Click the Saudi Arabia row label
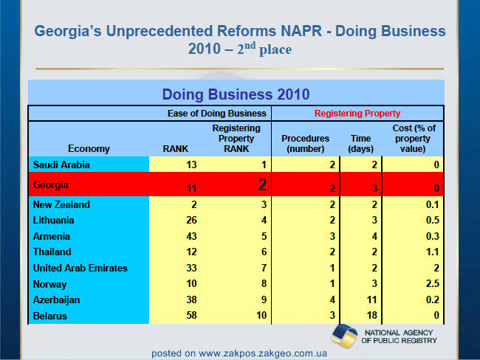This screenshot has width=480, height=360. coord(61,165)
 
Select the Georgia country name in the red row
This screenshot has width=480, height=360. coord(51,184)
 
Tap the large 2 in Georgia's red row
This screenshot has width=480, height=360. coord(262,184)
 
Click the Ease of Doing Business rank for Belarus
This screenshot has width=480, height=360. coord(191,315)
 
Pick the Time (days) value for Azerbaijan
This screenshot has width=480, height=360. coord(371,300)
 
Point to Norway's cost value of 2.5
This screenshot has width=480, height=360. coord(433,283)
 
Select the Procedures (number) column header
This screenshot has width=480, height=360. coord(305,143)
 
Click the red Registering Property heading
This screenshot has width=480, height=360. coord(357,114)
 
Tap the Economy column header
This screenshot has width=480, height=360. coord(89,149)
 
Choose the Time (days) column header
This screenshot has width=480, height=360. coord(360,143)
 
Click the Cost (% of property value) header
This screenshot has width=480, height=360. coord(414,138)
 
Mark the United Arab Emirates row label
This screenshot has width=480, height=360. coord(80,269)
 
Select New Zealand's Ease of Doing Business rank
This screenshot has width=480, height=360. coord(193,204)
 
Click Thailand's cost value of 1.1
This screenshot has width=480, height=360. coord(433,252)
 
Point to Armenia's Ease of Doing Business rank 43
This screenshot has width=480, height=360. coord(191,236)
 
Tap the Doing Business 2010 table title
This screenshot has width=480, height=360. coord(236,94)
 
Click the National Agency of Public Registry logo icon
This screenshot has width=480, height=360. coord(344,336)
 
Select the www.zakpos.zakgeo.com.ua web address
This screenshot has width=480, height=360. coord(263,353)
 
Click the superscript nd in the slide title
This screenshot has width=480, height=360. coord(250,46)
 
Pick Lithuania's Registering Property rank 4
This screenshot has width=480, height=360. coord(264,221)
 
